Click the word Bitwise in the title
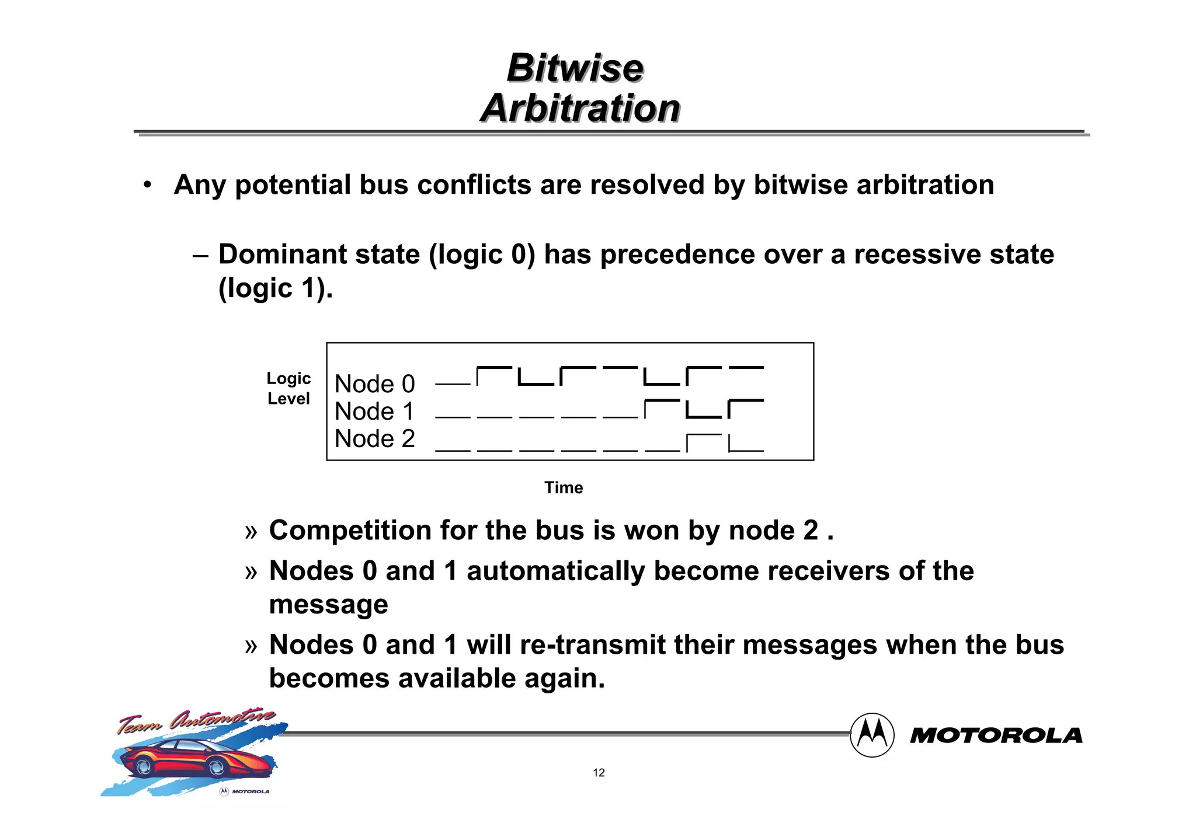pos(575,68)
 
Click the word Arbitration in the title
pos(580,109)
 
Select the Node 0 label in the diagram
pos(374,384)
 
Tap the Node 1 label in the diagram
pos(374,411)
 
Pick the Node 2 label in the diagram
pos(374,439)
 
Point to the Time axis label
pos(564,488)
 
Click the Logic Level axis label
pos(288,389)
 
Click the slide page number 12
pos(599,773)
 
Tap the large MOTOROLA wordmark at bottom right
pos(996,736)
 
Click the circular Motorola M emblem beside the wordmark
pos(872,735)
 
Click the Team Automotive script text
pos(196,721)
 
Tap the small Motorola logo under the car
pos(245,791)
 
